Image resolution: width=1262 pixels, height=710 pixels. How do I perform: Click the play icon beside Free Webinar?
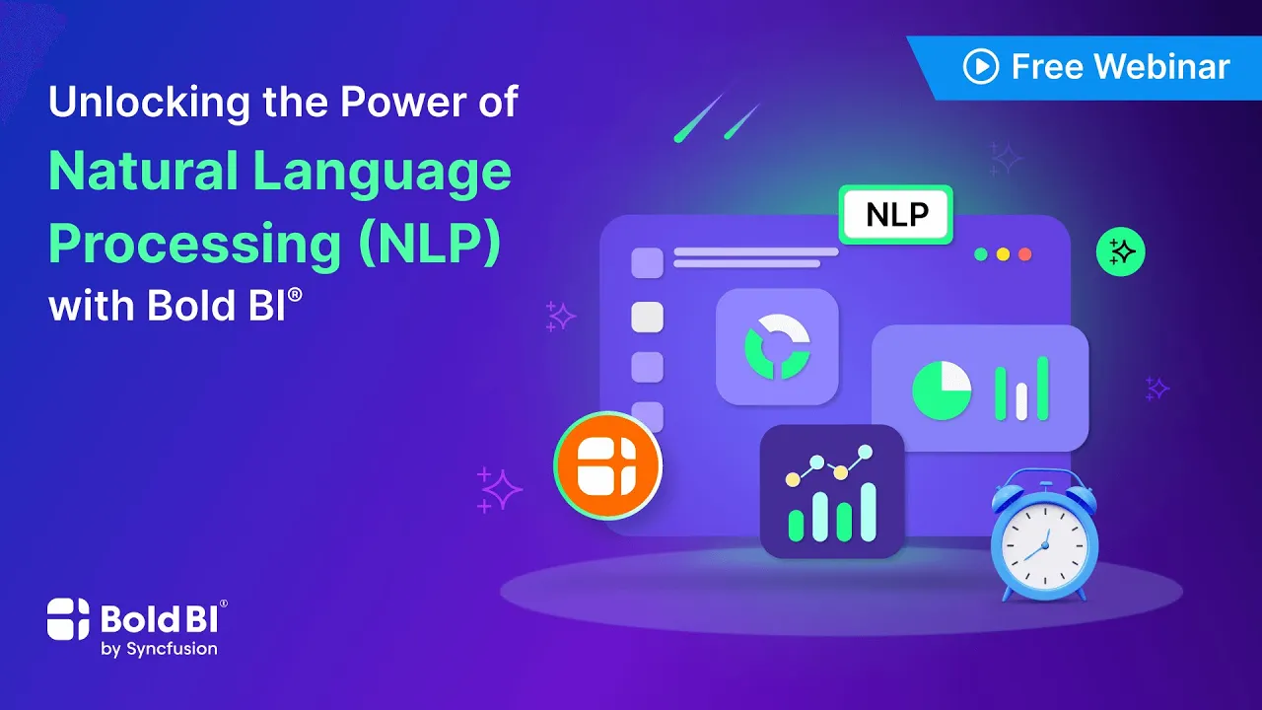click(x=981, y=67)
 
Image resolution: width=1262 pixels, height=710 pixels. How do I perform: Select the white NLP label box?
click(x=896, y=214)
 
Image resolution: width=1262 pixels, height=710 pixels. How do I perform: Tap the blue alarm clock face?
click(x=1044, y=539)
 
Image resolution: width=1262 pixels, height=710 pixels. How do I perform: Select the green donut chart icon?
click(x=777, y=346)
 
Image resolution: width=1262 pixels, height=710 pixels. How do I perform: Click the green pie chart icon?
click(x=941, y=390)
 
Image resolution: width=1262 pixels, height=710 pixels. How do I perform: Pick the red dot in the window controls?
click(x=1024, y=254)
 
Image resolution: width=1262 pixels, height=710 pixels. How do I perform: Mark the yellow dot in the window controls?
click(x=1003, y=254)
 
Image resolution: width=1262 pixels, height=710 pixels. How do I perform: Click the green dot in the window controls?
click(x=981, y=254)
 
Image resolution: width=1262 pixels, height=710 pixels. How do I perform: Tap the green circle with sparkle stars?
click(x=1121, y=252)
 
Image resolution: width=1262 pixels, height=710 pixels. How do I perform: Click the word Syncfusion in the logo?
click(x=159, y=649)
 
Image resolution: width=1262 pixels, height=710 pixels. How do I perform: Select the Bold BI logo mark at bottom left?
click(x=69, y=618)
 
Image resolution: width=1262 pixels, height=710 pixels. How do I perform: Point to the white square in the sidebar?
click(x=647, y=317)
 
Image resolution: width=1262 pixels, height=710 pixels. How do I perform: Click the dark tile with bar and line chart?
click(x=831, y=491)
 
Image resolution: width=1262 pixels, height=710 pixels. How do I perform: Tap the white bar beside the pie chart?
click(x=1021, y=398)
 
